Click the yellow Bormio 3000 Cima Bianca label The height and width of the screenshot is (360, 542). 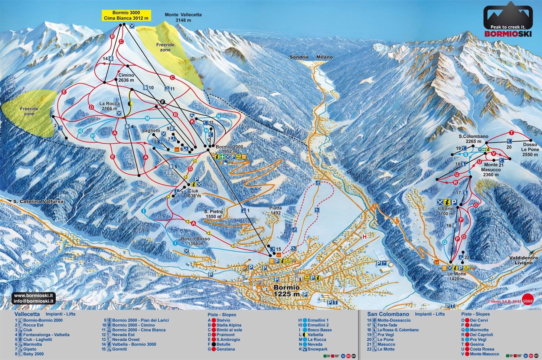tap(126, 15)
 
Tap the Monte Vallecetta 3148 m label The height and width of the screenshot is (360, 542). tap(183, 17)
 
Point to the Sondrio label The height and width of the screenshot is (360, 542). tap(299, 57)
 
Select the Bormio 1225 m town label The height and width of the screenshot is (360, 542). tap(286, 291)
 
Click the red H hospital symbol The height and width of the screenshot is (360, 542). tap(365, 237)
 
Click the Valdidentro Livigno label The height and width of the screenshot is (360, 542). tap(523, 260)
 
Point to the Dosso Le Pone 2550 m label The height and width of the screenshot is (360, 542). tap(530, 150)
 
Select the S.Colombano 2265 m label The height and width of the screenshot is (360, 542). tap(473, 139)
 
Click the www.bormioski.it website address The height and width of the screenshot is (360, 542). tap(33, 296)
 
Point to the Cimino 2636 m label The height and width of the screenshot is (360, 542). tap(126, 78)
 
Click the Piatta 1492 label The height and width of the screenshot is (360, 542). tap(275, 210)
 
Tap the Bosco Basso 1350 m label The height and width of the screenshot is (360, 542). tap(195, 241)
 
